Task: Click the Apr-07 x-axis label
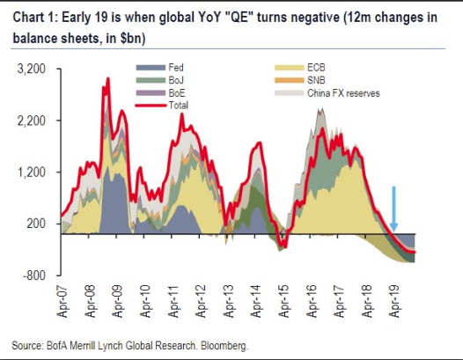point(62,300)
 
